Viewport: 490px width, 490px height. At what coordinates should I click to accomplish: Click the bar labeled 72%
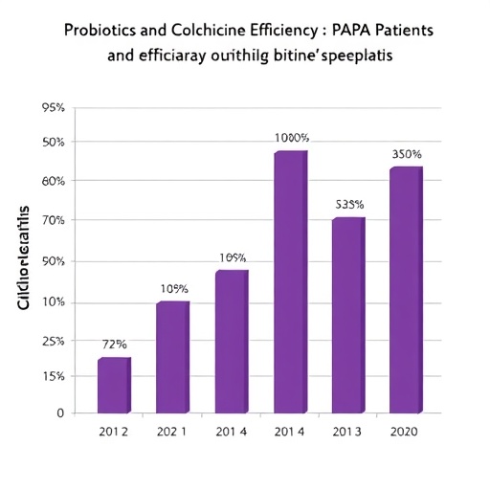coord(113,386)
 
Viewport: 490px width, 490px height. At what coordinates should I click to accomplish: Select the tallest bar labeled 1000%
coord(291,282)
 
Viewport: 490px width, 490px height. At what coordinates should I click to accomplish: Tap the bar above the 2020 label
coord(405,290)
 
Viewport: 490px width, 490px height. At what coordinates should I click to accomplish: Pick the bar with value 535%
coord(348,316)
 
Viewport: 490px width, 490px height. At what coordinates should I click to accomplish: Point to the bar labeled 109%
coord(232,342)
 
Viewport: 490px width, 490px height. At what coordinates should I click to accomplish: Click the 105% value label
coord(173,289)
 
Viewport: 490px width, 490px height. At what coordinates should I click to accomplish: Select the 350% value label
coord(407,154)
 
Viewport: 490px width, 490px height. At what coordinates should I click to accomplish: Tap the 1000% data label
coord(292,138)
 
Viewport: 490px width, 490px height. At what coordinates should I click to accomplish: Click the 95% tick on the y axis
coord(53,108)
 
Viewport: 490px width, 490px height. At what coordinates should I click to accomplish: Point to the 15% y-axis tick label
coord(53,376)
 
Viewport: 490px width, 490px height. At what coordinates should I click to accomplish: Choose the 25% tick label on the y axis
coord(53,341)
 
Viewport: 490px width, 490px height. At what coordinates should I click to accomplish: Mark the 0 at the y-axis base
coord(59,413)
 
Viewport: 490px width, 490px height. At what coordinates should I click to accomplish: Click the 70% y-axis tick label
coord(53,220)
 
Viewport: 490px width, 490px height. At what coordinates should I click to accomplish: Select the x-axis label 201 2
coord(114,432)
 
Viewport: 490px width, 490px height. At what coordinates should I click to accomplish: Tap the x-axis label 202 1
coord(173,432)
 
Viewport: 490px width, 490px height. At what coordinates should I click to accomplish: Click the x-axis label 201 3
coord(348,432)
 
